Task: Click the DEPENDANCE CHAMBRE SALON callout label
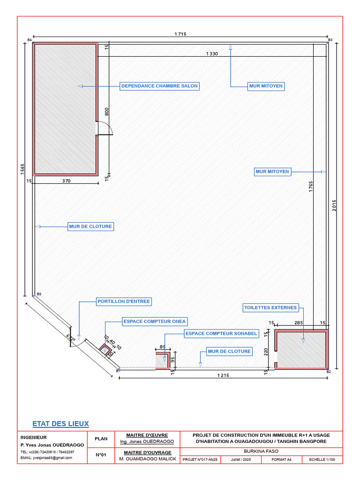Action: pyautogui.click(x=159, y=86)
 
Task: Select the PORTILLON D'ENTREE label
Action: pyautogui.click(x=124, y=301)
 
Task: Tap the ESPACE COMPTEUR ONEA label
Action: pyautogui.click(x=155, y=322)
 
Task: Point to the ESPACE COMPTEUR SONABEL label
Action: pyautogui.click(x=221, y=334)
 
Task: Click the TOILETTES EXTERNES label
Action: pyautogui.click(x=270, y=307)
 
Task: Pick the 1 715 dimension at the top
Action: pyautogui.click(x=180, y=34)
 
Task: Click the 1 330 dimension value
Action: pyautogui.click(x=212, y=54)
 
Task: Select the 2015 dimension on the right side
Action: pyautogui.click(x=334, y=205)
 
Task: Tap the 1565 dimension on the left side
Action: pyautogui.click(x=22, y=169)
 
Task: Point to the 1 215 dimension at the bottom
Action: pyautogui.click(x=223, y=375)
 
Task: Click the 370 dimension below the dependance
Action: pyautogui.click(x=67, y=181)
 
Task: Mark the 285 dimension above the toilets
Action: pyautogui.click(x=299, y=322)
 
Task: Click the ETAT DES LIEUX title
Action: pyautogui.click(x=60, y=424)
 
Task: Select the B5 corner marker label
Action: pyautogui.click(x=39, y=294)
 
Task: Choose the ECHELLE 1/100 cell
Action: pyautogui.click(x=322, y=459)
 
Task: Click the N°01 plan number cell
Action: pyautogui.click(x=101, y=455)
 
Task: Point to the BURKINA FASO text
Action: pyautogui.click(x=261, y=451)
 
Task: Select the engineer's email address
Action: pyautogui.click(x=46, y=458)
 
